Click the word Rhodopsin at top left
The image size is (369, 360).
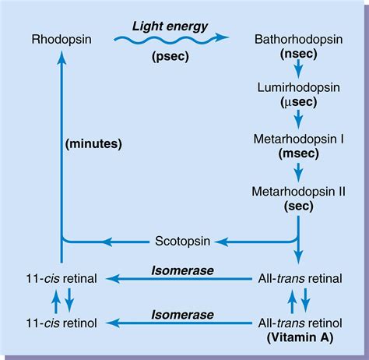(x=60, y=38)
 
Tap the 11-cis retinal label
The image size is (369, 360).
(x=60, y=278)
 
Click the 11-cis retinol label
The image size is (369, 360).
(x=60, y=321)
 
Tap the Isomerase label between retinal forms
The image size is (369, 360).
(x=181, y=270)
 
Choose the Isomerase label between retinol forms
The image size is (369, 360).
(x=181, y=312)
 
